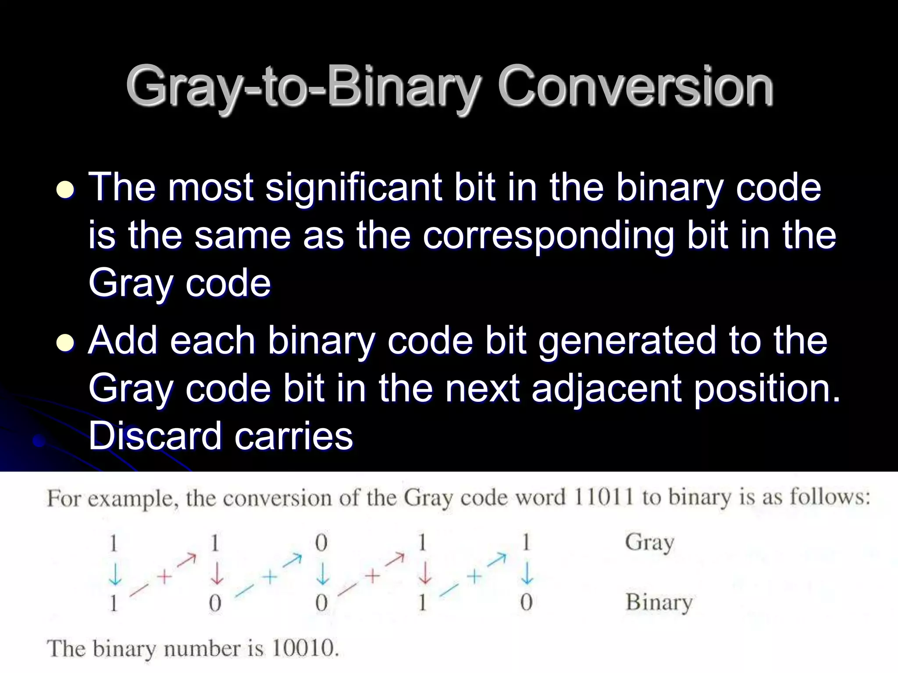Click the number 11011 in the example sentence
click(x=603, y=498)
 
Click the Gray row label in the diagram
click(x=649, y=543)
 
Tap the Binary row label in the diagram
click(x=659, y=603)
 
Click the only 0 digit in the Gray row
click(x=321, y=544)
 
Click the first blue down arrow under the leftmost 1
click(x=115, y=574)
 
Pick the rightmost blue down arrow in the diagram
click(x=527, y=574)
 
